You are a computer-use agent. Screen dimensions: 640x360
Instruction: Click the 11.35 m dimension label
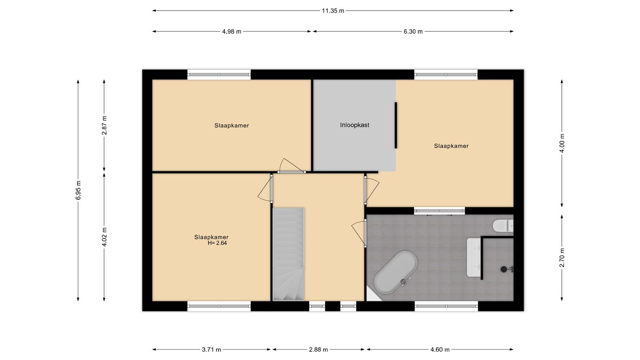[333, 11]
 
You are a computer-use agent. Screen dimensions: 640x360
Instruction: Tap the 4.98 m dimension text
[232, 32]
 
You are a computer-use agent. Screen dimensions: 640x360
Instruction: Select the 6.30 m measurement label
[413, 32]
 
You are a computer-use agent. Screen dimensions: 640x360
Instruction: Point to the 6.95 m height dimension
[78, 190]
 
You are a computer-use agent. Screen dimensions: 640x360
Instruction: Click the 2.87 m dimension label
[104, 125]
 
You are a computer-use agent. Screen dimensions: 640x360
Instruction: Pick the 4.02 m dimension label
[104, 237]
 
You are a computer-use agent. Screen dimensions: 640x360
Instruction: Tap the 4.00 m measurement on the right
[562, 143]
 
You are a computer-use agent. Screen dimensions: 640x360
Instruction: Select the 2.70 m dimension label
[562, 258]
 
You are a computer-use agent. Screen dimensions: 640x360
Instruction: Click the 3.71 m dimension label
[212, 349]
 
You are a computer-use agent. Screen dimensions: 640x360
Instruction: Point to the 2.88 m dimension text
[318, 349]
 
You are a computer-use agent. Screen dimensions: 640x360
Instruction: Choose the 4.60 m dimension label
[440, 349]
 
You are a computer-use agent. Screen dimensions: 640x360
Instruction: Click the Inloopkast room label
[355, 125]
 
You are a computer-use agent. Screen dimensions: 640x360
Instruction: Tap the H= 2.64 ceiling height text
[217, 243]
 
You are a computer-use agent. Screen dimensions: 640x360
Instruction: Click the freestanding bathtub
[396, 272]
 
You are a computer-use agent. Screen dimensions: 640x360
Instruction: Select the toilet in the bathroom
[503, 225]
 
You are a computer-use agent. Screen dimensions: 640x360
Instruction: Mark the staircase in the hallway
[288, 254]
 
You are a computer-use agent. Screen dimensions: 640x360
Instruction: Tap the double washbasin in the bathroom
[474, 257]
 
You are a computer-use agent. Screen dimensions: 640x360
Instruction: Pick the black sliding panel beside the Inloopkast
[396, 125]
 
